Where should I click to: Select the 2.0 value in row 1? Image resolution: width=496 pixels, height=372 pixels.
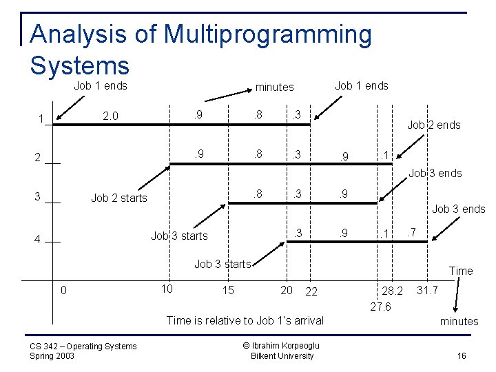[111, 116]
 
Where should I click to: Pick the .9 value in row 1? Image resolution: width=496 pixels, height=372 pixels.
[198, 114]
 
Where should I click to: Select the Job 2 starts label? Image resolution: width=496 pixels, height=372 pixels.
[119, 198]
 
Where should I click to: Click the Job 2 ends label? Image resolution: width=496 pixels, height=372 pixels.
[433, 125]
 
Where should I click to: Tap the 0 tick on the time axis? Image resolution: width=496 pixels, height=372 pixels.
[63, 290]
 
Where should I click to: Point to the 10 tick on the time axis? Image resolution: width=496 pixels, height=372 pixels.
[167, 287]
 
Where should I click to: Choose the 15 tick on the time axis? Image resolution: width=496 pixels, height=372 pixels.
[227, 290]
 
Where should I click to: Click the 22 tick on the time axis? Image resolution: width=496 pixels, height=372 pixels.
[311, 291]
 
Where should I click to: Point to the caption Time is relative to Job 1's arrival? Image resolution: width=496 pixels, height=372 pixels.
[245, 320]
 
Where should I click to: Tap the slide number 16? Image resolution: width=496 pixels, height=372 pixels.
[461, 355]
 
